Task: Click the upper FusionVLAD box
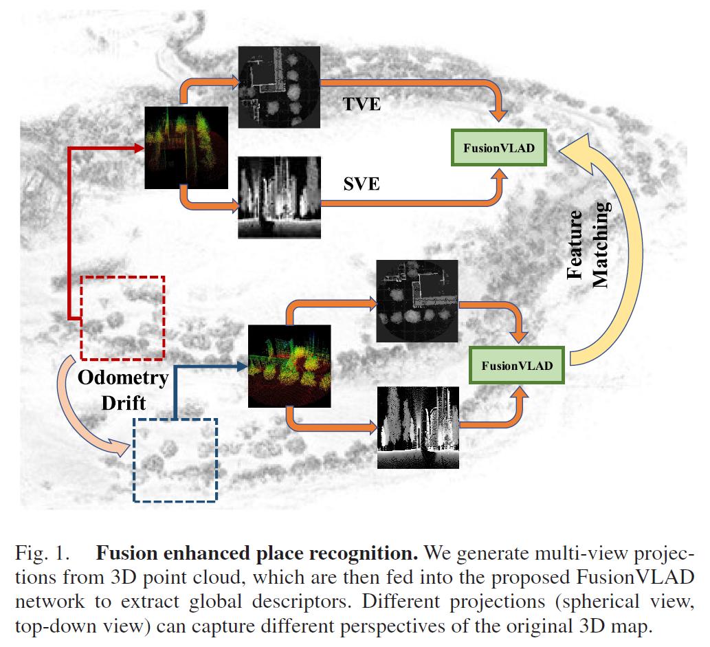click(x=498, y=148)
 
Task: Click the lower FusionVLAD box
click(x=517, y=365)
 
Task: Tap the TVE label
click(x=362, y=105)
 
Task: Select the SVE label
click(x=362, y=184)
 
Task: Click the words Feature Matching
click(x=588, y=245)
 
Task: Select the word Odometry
click(x=123, y=378)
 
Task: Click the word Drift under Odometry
click(x=124, y=403)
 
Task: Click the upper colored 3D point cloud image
click(x=186, y=148)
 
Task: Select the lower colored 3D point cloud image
click(x=289, y=366)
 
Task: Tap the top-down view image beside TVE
click(x=279, y=87)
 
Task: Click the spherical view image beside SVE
click(x=279, y=197)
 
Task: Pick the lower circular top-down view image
click(x=417, y=301)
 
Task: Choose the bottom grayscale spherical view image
click(x=418, y=428)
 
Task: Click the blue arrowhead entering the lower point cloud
click(x=243, y=366)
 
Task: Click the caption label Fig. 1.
click(x=42, y=553)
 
